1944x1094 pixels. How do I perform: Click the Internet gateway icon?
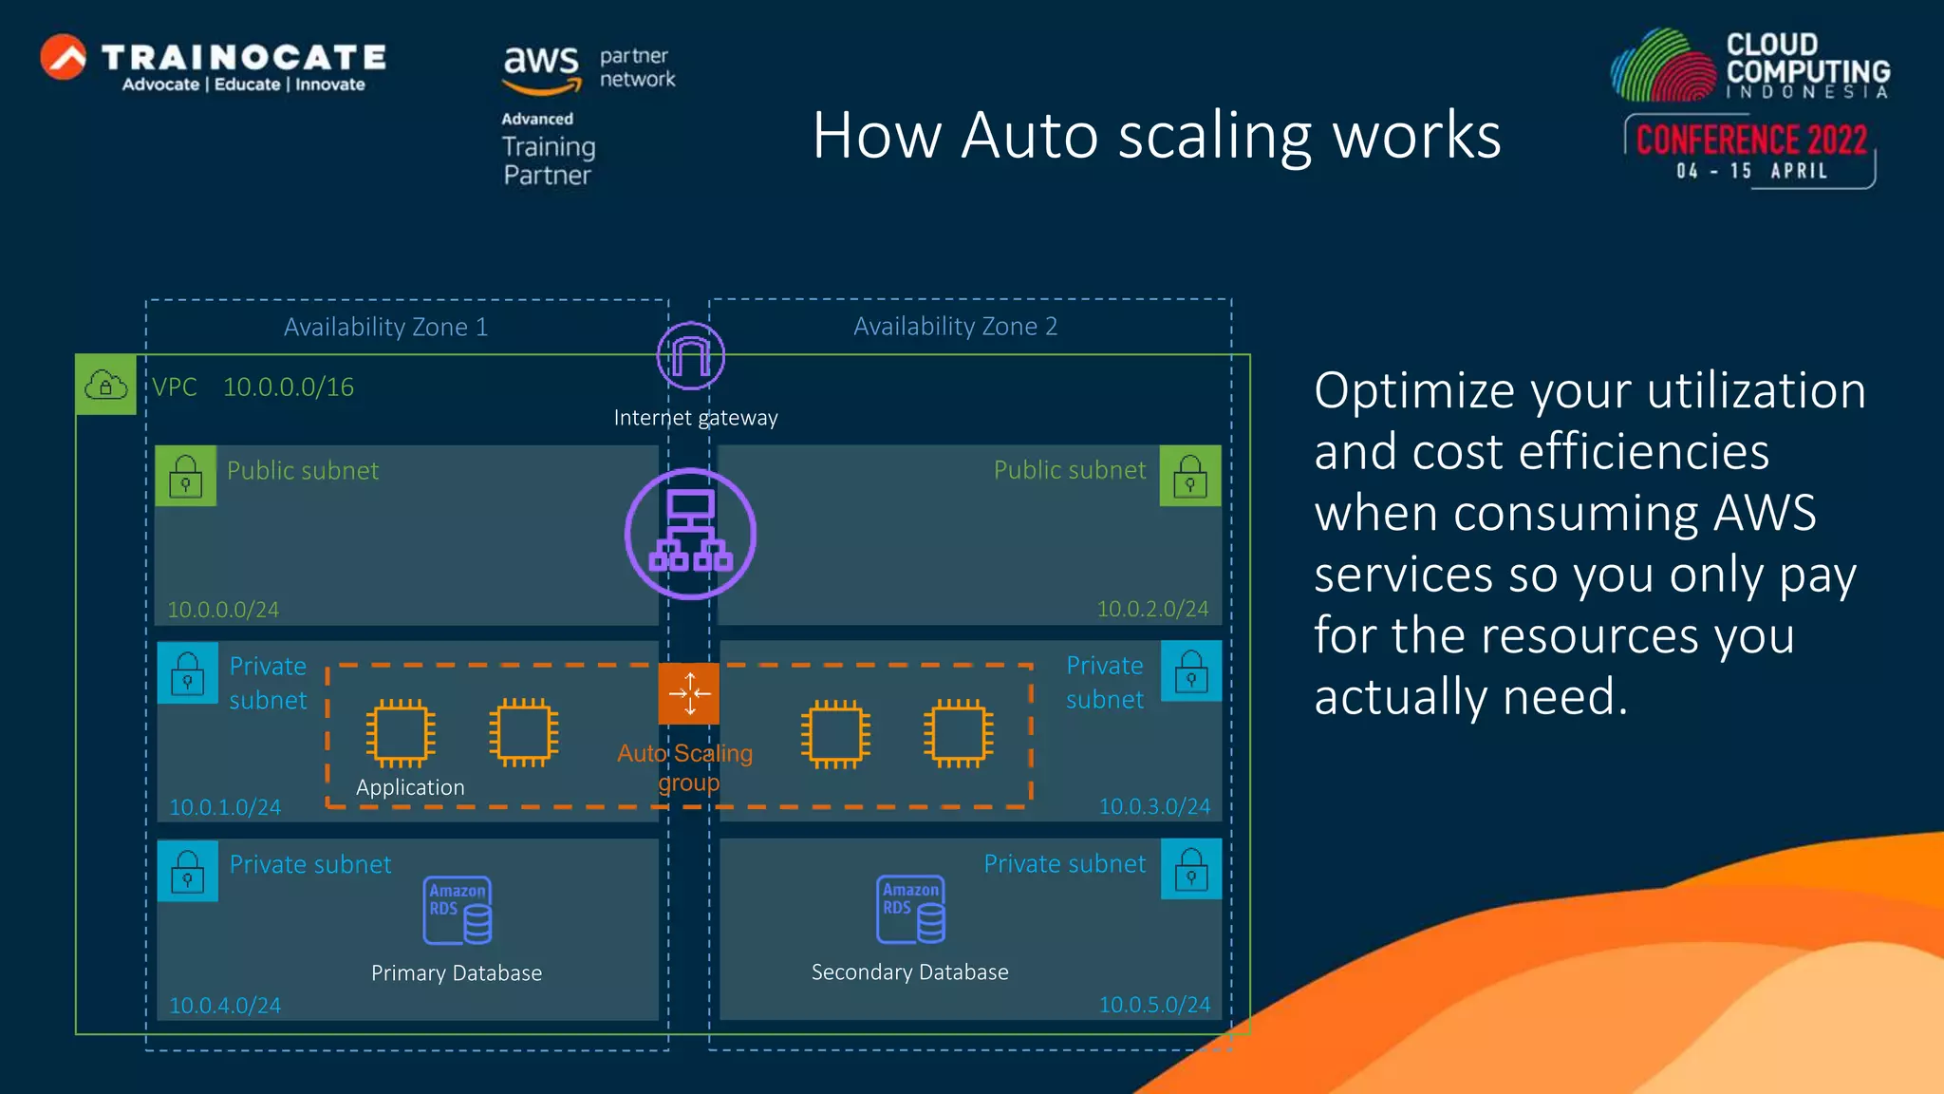(691, 356)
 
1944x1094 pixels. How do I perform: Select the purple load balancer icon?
(690, 534)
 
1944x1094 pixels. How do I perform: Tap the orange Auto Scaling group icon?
(689, 693)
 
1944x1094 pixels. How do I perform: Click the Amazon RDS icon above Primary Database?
(458, 910)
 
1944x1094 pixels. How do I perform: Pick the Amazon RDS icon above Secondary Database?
(911, 909)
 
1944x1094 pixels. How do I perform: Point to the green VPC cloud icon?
(105, 385)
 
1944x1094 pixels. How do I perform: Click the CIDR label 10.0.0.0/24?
(223, 610)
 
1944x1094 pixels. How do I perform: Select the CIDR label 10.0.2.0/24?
(1152, 609)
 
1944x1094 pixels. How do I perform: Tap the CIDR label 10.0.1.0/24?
(225, 807)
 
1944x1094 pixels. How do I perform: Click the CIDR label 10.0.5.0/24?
(1154, 1004)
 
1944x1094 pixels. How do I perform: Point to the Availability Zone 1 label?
(385, 327)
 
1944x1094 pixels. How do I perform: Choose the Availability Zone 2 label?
(955, 326)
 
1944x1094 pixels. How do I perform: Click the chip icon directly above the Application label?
(401, 733)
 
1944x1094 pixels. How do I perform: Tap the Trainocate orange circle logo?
(64, 57)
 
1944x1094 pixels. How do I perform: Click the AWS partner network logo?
(589, 68)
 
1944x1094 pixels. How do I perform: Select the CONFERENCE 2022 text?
(1751, 141)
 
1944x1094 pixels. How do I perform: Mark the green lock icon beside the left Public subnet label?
(186, 476)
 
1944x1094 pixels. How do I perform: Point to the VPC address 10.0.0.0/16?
(289, 387)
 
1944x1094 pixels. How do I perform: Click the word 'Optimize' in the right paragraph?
(1413, 391)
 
